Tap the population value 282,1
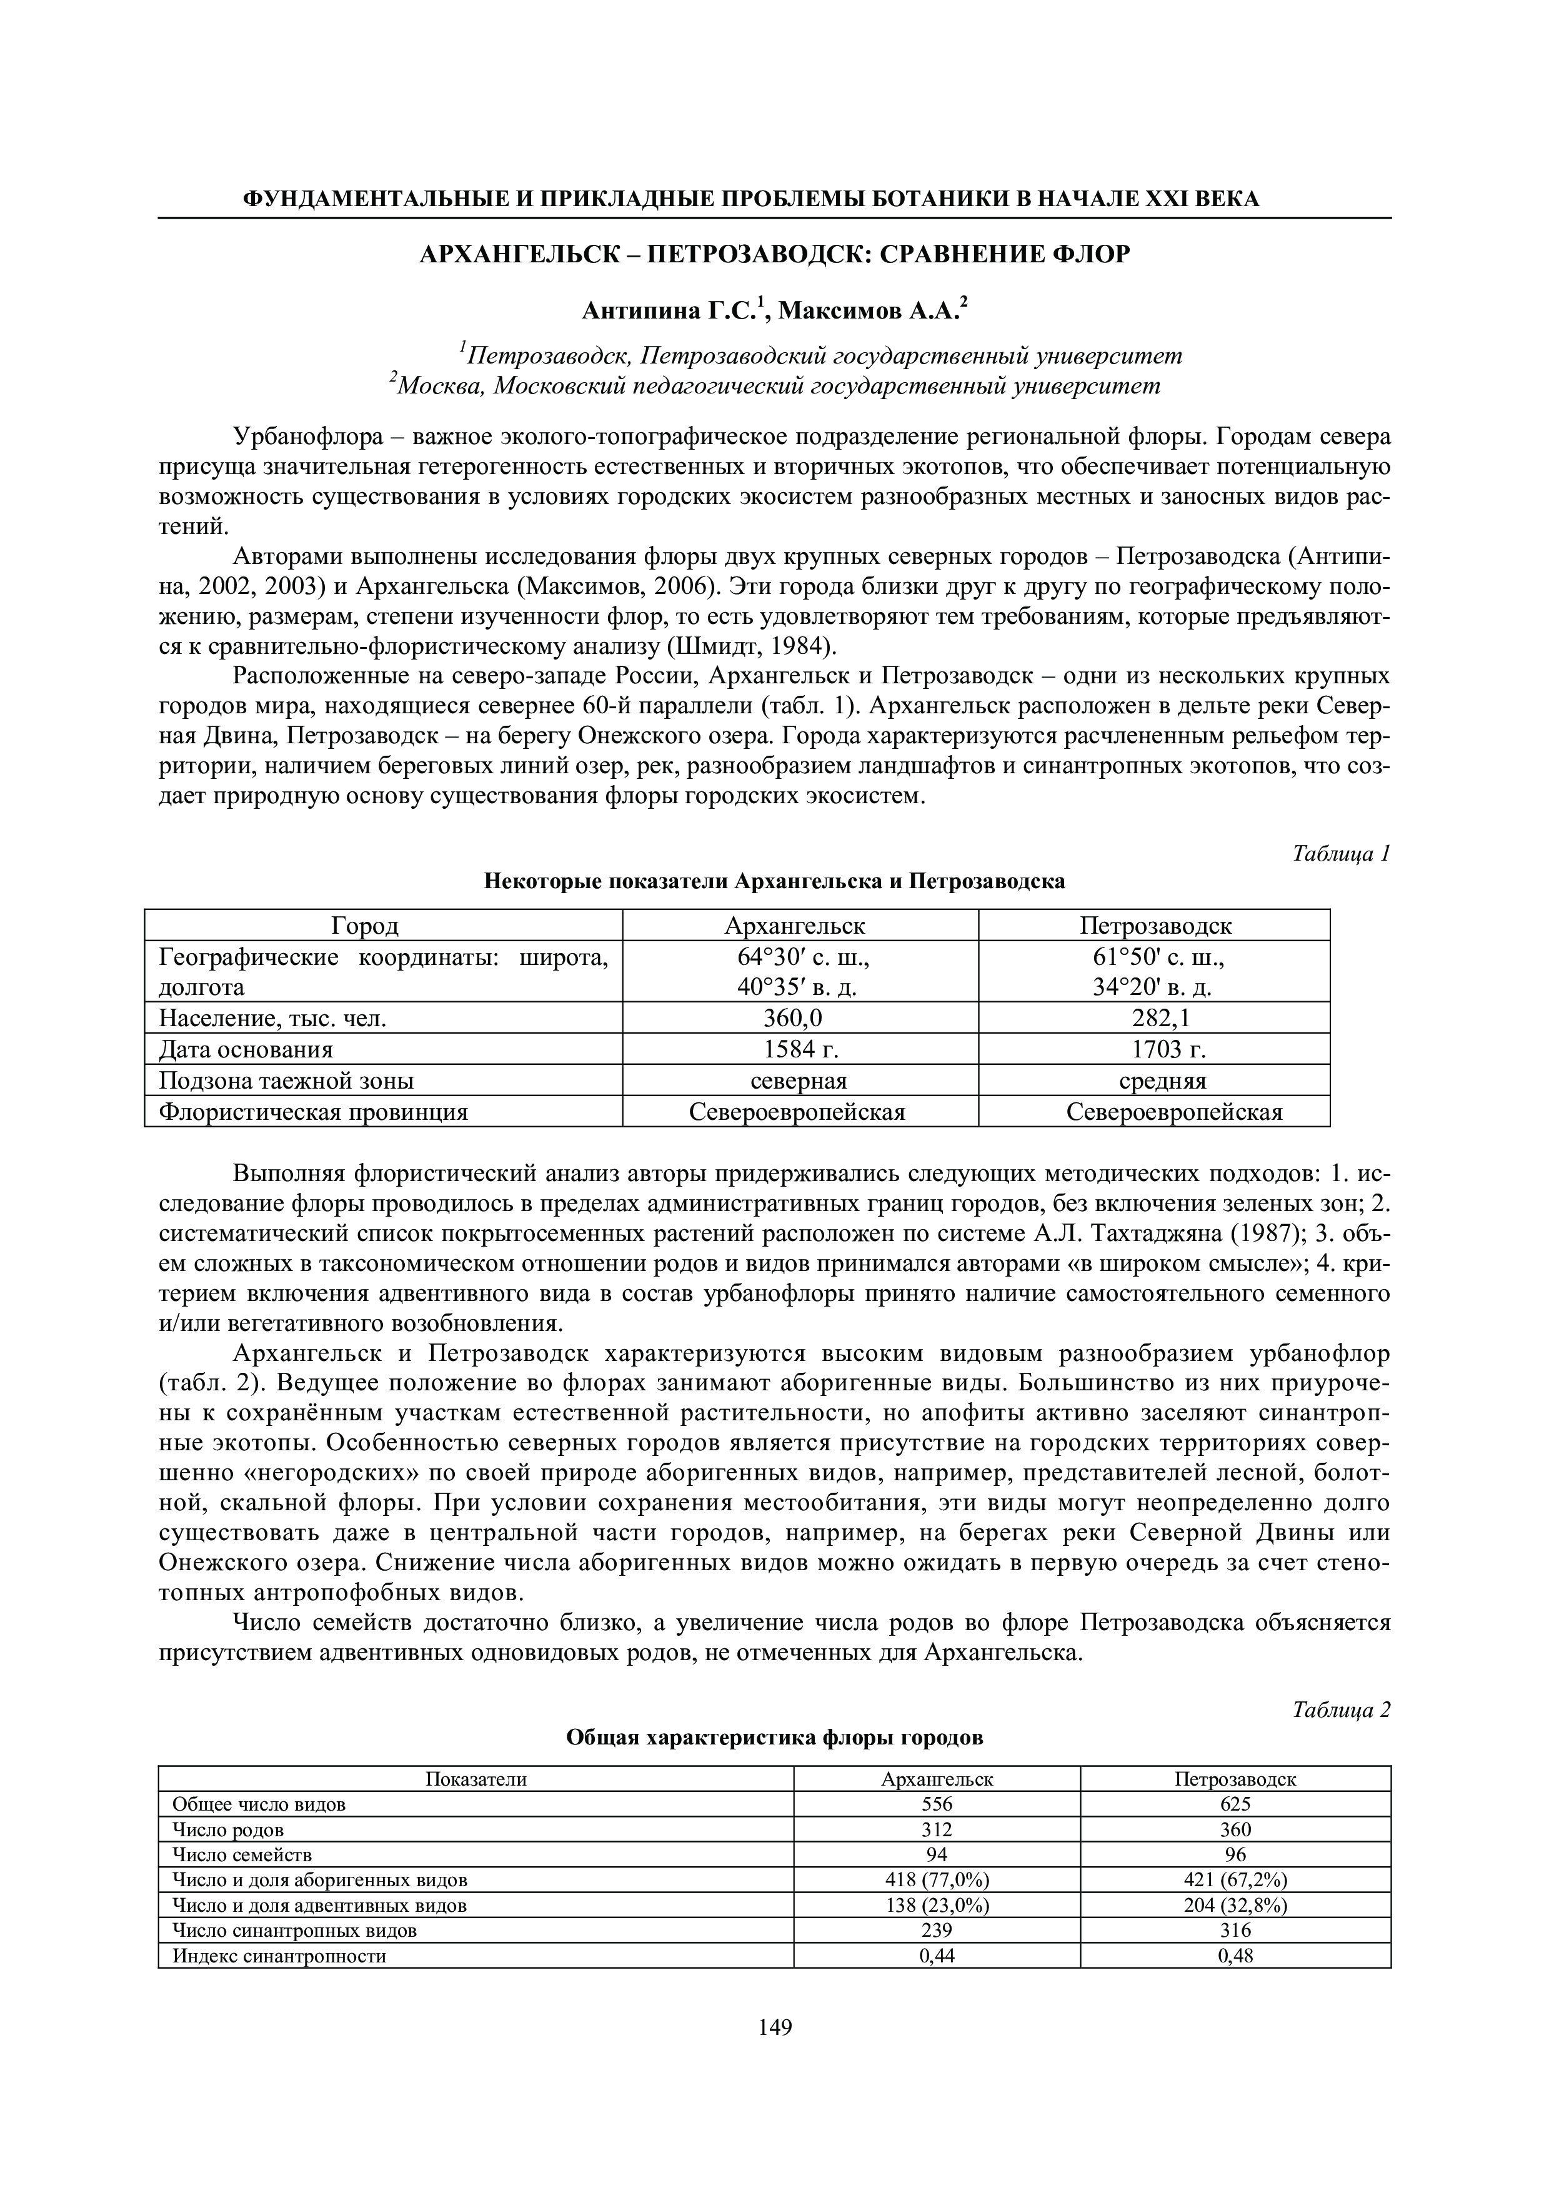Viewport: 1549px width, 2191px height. coord(1154,1018)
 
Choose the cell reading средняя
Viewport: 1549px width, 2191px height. coord(1154,1081)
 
